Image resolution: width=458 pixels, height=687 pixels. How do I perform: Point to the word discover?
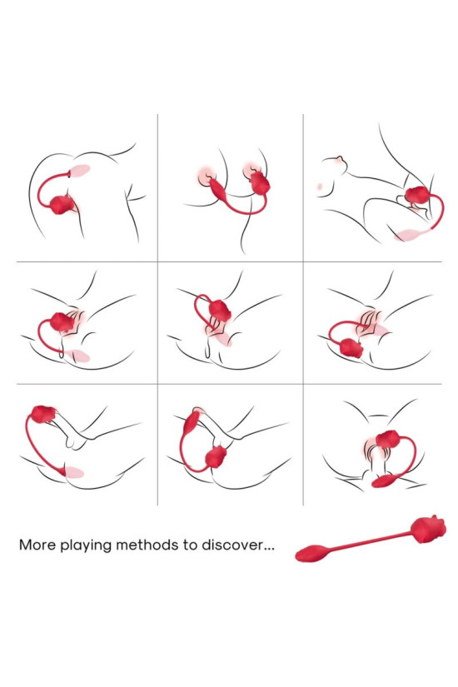point(226,546)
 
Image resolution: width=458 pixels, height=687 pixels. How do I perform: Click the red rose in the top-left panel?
point(62,205)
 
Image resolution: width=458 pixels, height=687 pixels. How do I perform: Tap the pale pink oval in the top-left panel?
point(81,172)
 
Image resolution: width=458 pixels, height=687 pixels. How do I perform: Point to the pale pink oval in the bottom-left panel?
point(74,472)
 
